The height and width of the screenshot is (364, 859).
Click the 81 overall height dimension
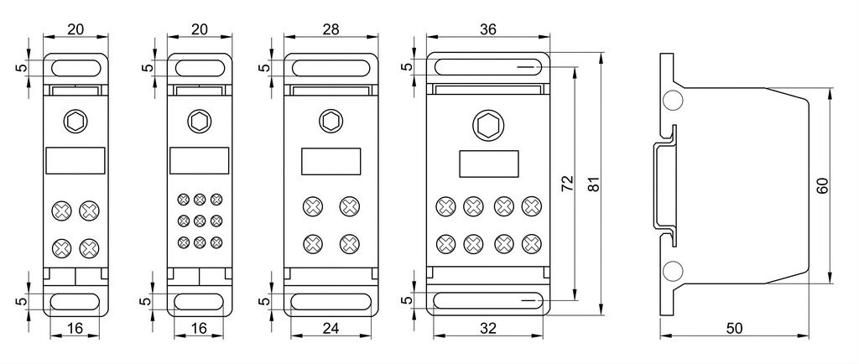tap(593, 184)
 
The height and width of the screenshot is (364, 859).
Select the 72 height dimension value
tap(568, 183)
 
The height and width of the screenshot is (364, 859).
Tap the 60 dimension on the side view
tap(822, 185)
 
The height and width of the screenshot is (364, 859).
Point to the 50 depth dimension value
tap(734, 328)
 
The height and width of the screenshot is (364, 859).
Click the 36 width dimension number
tap(487, 29)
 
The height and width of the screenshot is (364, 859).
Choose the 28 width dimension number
tap(331, 29)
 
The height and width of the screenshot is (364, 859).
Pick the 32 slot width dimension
tap(487, 328)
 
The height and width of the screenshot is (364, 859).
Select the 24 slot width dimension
tap(331, 328)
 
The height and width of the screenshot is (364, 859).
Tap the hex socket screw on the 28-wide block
tap(331, 121)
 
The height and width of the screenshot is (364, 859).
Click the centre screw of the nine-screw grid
tap(200, 221)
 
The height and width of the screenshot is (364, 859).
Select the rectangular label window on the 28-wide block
tap(331, 162)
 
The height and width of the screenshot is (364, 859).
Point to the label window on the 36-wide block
tap(488, 164)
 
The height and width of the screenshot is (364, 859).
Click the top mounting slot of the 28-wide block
tap(331, 68)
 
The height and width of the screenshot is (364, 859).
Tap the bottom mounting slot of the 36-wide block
tap(488, 301)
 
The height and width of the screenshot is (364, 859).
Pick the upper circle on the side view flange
tap(673, 100)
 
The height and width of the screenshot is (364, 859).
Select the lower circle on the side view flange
tap(673, 271)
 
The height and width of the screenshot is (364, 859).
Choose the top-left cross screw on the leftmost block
tap(62, 211)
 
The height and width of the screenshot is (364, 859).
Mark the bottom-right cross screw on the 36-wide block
tap(530, 243)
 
